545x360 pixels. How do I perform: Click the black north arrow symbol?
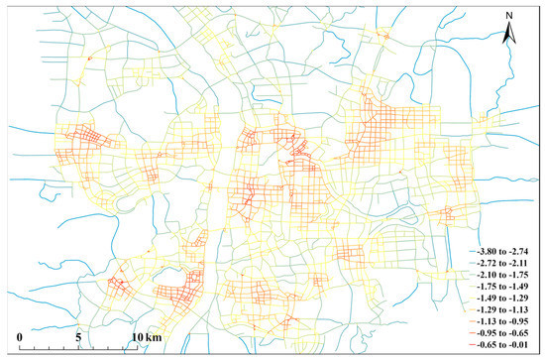(509, 36)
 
